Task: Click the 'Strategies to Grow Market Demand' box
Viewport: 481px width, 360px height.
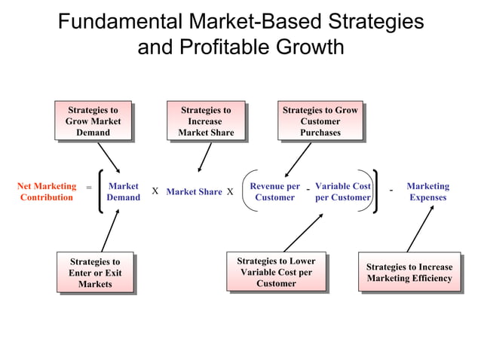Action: (93, 121)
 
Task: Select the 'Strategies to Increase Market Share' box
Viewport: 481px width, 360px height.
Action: (206, 121)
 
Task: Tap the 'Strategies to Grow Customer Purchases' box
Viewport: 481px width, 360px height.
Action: (320, 121)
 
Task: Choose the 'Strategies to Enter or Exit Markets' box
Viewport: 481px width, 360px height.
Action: (95, 273)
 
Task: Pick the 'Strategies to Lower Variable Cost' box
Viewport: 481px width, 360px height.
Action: (276, 272)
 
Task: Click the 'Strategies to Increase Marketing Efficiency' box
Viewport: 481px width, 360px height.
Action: (409, 273)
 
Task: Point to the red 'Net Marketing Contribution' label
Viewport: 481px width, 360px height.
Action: (47, 192)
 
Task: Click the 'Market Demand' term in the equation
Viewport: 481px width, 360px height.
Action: (123, 192)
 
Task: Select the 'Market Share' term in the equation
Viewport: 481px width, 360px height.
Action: (194, 192)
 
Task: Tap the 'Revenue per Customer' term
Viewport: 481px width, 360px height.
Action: (274, 192)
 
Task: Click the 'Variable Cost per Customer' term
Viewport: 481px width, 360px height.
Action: (343, 192)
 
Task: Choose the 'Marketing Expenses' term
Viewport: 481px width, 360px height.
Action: (427, 192)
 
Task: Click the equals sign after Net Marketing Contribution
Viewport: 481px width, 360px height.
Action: (88, 187)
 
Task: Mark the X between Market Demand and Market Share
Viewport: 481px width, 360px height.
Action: (155, 191)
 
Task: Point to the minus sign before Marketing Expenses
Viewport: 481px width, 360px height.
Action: (391, 190)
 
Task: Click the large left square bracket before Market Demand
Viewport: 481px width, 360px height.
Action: (101, 191)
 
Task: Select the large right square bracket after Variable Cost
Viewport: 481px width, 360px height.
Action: (375, 191)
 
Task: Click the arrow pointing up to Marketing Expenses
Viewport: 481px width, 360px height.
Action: (421, 227)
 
